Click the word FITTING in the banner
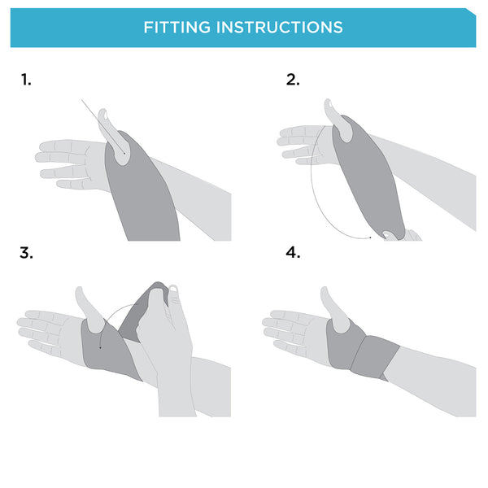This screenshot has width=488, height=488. click(177, 28)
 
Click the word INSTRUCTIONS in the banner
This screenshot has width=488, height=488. click(280, 28)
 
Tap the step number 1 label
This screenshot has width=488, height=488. click(26, 80)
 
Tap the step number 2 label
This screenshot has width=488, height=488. click(293, 80)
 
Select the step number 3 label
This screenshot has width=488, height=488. click(26, 253)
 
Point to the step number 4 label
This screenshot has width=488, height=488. click(293, 253)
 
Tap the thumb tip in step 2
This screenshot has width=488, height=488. click(328, 103)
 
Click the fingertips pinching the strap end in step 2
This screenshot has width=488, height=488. click(402, 235)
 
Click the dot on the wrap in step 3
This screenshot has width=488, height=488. click(100, 347)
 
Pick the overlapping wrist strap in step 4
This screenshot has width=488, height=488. click(375, 357)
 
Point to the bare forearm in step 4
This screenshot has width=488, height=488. click(433, 380)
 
